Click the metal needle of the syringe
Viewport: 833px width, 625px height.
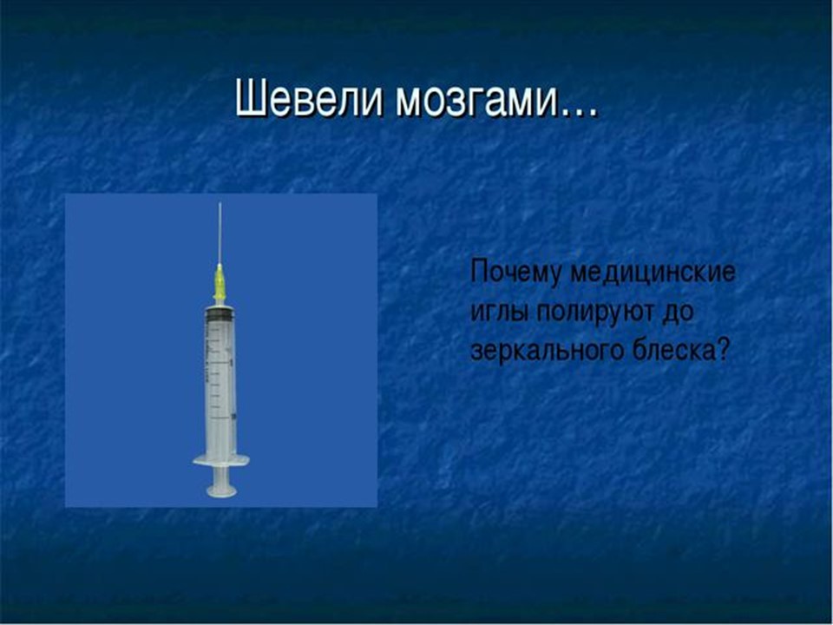(220, 234)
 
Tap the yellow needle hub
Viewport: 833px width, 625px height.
(220, 282)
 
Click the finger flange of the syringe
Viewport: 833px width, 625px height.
(220, 460)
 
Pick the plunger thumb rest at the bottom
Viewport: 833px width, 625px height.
(220, 491)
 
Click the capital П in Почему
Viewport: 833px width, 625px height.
(478, 273)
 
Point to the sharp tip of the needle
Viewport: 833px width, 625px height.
(220, 206)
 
